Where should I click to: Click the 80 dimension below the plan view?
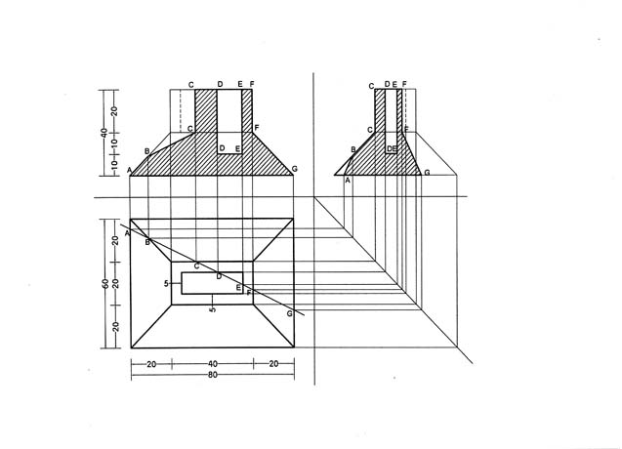(x=213, y=375)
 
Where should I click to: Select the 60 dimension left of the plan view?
(x=105, y=283)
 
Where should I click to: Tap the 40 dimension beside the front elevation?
(x=104, y=133)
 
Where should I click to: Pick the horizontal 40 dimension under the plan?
(x=213, y=364)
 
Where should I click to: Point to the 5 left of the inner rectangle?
(x=166, y=283)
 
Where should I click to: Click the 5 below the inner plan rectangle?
(x=213, y=309)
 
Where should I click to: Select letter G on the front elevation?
(x=294, y=170)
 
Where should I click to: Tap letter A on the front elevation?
(x=129, y=170)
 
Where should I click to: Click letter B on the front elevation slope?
(x=146, y=151)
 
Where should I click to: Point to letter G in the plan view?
(x=290, y=313)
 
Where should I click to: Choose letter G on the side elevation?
(x=427, y=173)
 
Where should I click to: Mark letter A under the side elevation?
(x=348, y=181)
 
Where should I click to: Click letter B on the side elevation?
(x=353, y=149)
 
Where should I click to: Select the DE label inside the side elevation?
(x=392, y=148)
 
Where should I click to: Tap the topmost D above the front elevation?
(x=220, y=84)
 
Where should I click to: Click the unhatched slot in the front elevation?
(x=229, y=121)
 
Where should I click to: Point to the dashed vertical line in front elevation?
(x=181, y=111)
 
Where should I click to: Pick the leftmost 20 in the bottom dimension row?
(x=151, y=364)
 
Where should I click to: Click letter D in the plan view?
(x=219, y=276)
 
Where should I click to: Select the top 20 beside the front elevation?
(x=114, y=111)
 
